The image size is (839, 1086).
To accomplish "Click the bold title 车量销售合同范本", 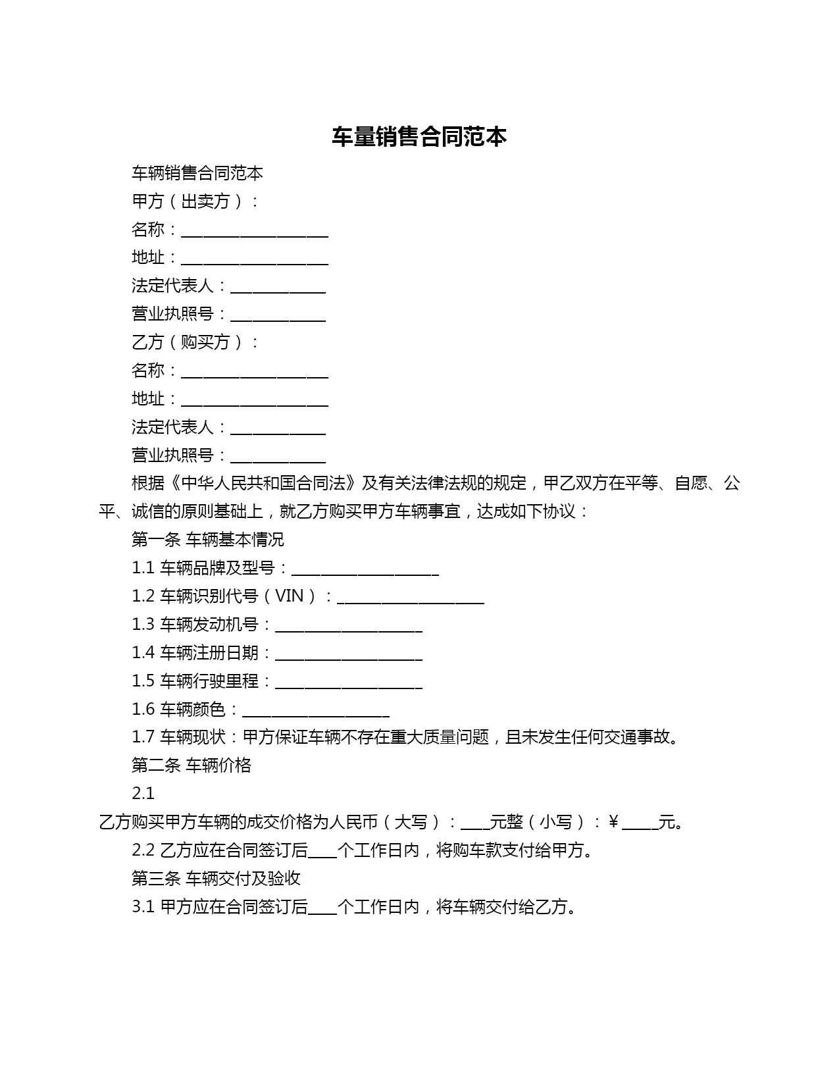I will [x=419, y=137].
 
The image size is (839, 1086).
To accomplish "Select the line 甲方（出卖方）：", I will [x=195, y=201].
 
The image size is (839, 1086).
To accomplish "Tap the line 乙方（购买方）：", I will [x=195, y=342].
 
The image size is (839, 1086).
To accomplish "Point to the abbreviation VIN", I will [x=289, y=596].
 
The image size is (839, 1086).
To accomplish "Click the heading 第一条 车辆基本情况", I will [x=208, y=540].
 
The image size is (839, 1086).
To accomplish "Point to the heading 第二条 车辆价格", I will [x=191, y=765].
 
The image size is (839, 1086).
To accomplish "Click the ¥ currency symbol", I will [x=613, y=822].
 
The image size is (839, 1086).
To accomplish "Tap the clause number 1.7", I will [x=143, y=737].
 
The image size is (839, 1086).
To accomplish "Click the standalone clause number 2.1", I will [x=143, y=794].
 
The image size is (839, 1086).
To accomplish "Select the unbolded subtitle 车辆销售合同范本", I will [x=197, y=173].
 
